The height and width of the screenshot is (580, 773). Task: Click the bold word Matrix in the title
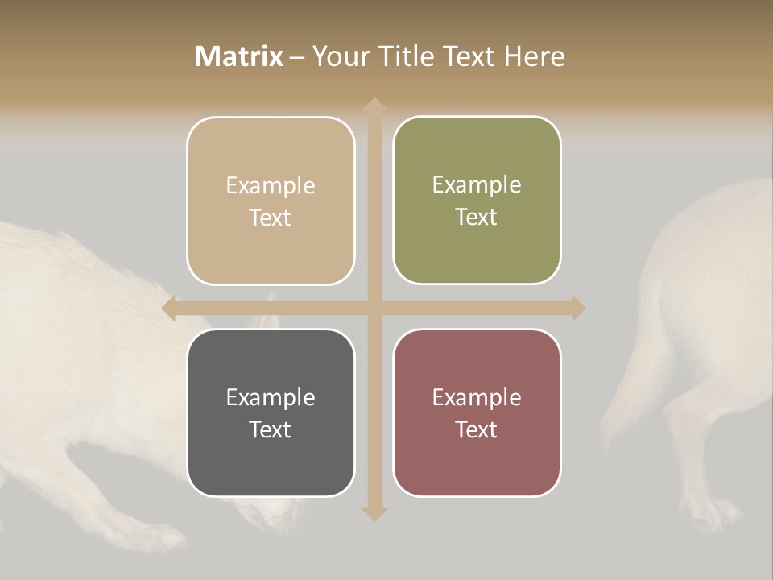tap(239, 56)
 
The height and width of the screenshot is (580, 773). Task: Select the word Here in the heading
tap(535, 56)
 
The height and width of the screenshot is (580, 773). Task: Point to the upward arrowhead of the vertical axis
tap(374, 105)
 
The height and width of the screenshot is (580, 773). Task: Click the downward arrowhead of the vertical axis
tap(374, 513)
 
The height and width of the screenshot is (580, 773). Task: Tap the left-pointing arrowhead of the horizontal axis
tap(169, 308)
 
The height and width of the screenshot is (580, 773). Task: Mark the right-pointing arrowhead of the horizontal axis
tap(578, 308)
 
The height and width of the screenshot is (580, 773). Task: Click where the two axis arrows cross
tap(374, 308)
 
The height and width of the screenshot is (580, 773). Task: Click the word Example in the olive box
tap(477, 185)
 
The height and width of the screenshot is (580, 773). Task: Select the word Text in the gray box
tap(271, 429)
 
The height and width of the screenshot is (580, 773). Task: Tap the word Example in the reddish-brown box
tap(477, 397)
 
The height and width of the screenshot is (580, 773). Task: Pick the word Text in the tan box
tap(271, 217)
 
